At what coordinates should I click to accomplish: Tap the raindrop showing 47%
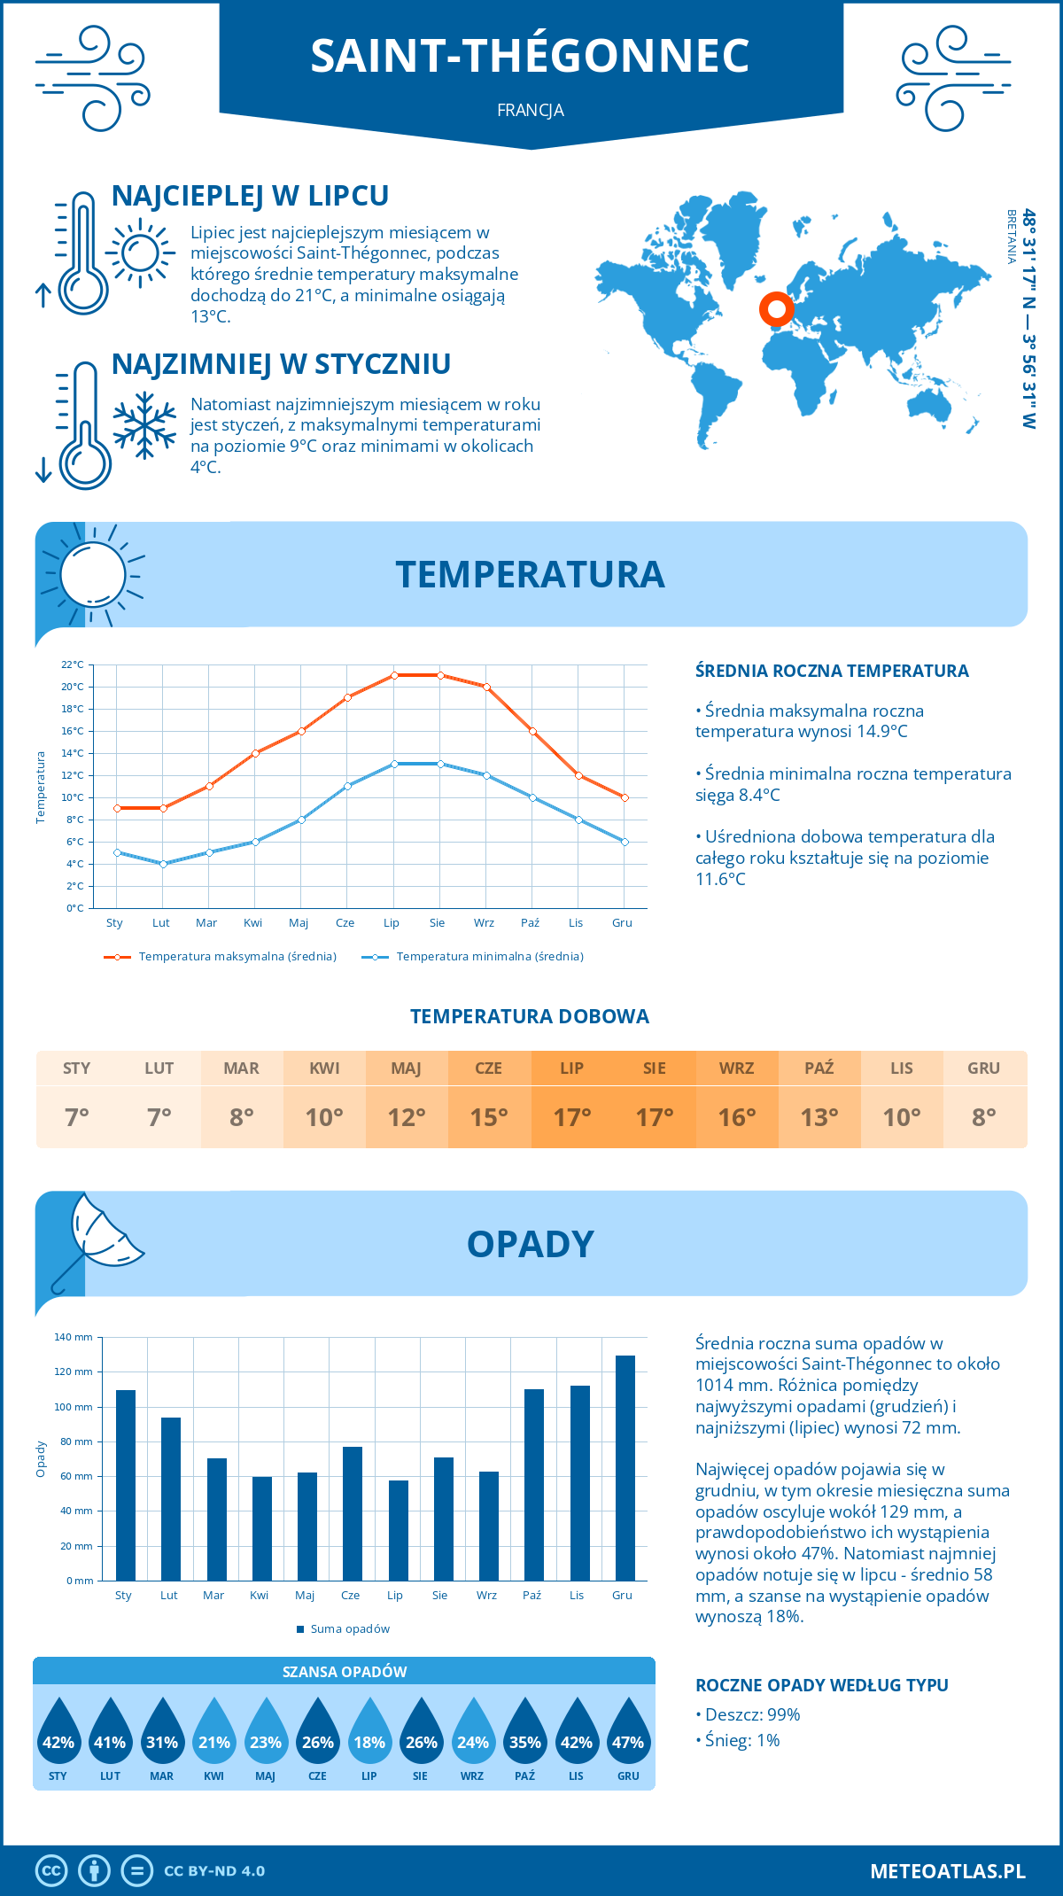point(628,1737)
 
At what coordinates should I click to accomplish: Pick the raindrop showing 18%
point(369,1737)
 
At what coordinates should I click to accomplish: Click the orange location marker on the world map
point(777,309)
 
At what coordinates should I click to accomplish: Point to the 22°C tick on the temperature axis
point(73,664)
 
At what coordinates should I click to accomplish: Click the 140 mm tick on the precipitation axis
point(74,1337)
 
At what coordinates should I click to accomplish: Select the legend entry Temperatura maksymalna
point(221,957)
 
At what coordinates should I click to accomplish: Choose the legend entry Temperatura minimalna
point(473,957)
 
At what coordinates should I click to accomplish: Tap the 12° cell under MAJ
point(407,1117)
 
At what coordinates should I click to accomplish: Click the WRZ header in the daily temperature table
point(736,1068)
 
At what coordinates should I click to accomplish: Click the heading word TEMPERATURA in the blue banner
point(530,574)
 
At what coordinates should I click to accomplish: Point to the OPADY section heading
point(530,1244)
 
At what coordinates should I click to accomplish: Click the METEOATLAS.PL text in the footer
point(947,1871)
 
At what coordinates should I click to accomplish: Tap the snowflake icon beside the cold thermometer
point(144,425)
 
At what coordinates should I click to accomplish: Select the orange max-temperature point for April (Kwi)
point(255,753)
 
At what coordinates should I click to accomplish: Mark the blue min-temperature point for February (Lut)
point(163,864)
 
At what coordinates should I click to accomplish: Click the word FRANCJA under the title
point(530,111)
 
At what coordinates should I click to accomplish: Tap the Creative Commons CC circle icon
point(51,1871)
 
